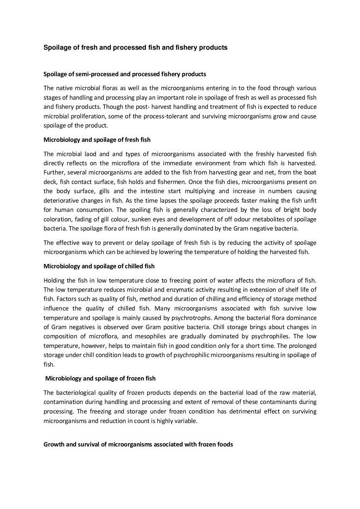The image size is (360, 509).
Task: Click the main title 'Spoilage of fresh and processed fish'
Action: click(135, 48)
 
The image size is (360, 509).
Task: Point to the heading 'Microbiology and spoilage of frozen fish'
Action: click(100, 378)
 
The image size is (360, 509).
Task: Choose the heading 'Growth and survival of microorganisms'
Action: click(138, 444)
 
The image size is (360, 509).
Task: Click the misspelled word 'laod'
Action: click(98, 154)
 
